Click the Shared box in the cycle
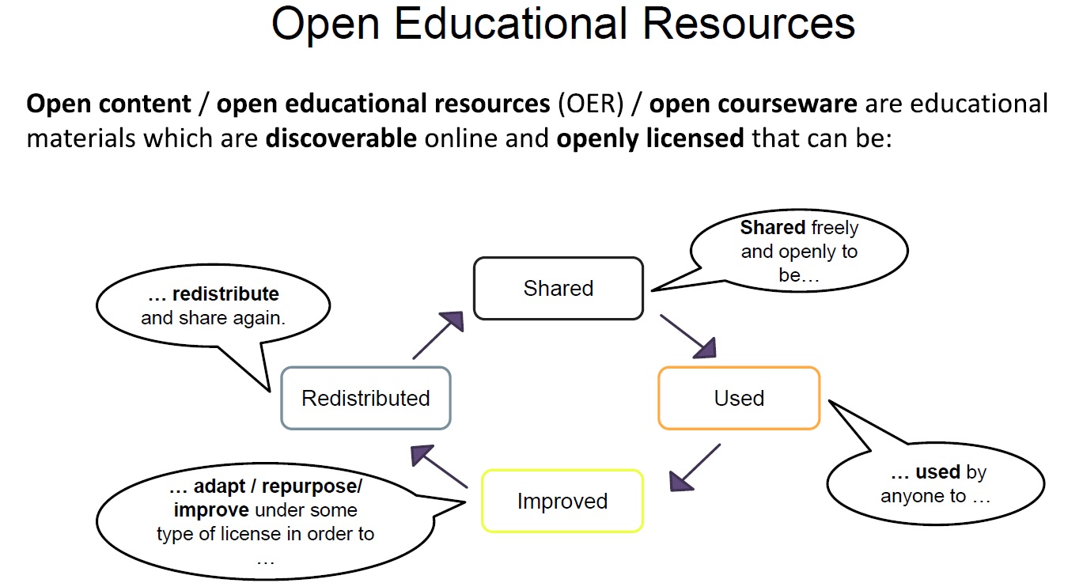(559, 288)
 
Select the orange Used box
(739, 398)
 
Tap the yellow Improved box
(562, 501)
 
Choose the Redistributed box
(365, 398)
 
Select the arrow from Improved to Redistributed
(439, 466)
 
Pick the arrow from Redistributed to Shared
(438, 335)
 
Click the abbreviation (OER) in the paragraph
(591, 104)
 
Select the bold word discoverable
(341, 138)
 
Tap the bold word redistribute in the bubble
(225, 294)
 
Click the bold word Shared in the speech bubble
(773, 227)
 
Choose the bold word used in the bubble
(938, 471)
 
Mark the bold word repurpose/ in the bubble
(312, 486)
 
